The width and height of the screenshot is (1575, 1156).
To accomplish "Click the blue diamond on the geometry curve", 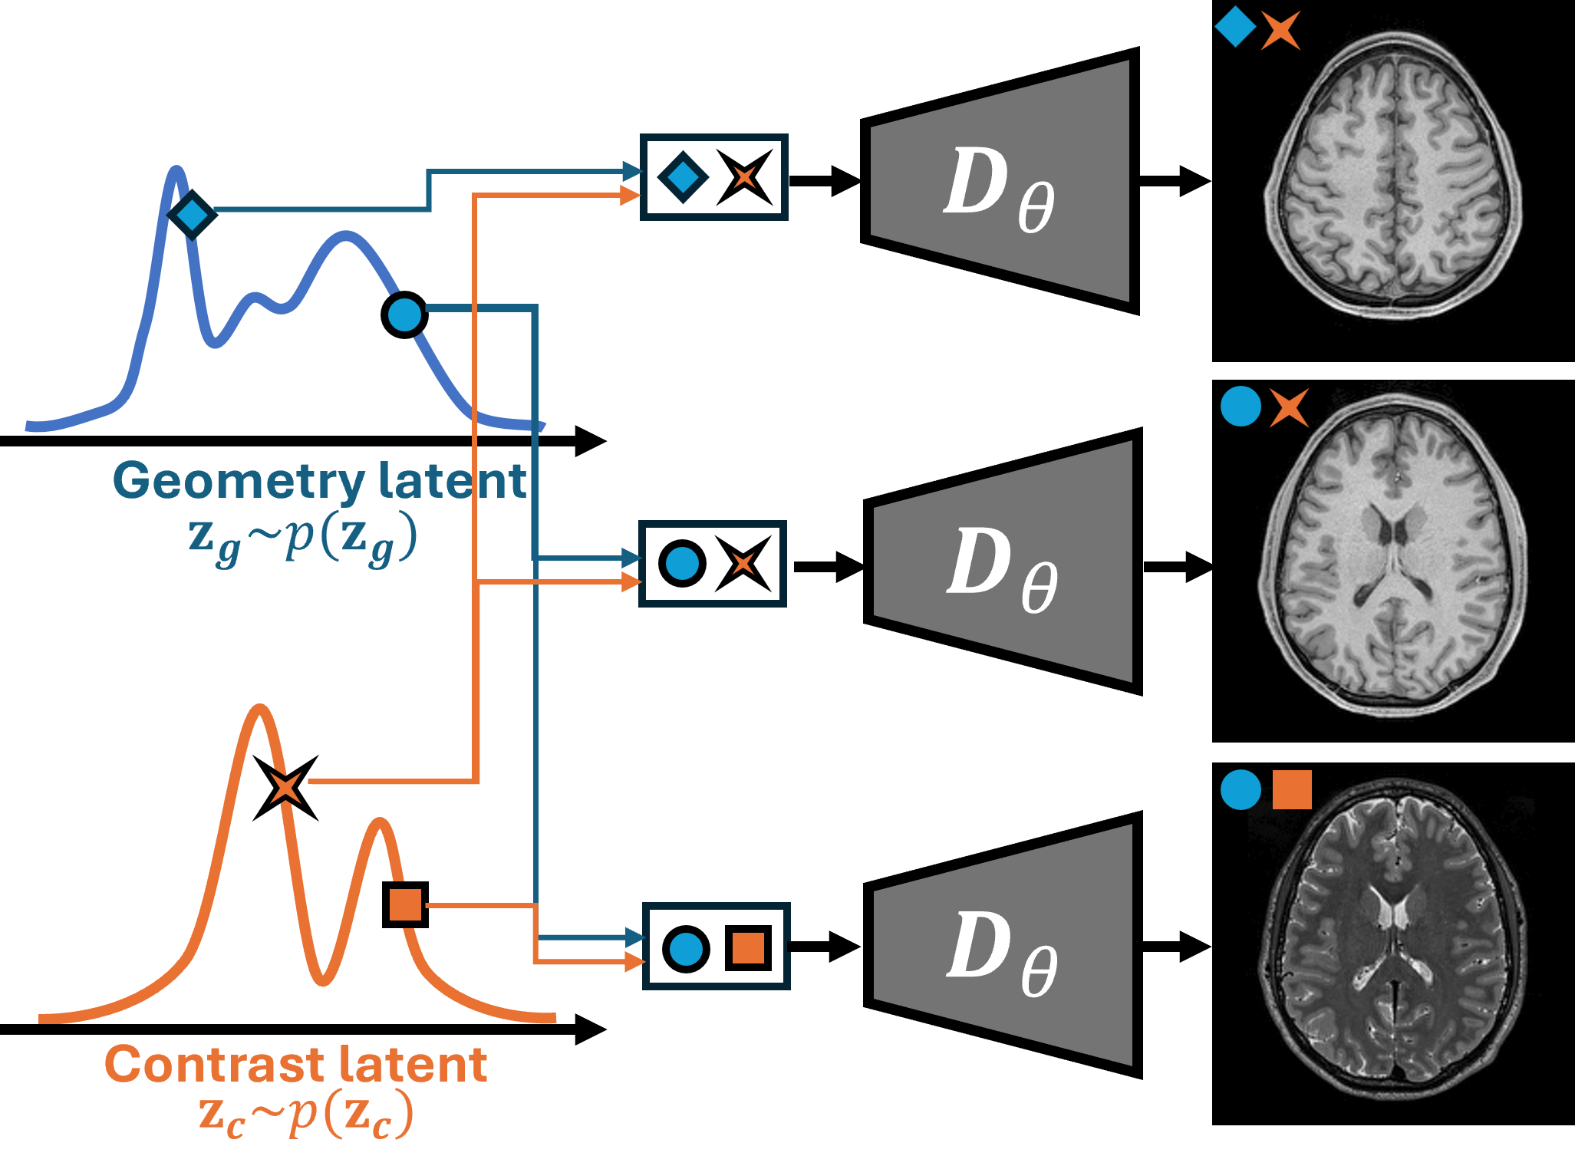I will coord(191,216).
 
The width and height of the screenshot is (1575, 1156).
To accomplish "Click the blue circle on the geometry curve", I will coord(404,315).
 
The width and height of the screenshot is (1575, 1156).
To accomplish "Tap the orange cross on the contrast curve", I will coord(286,787).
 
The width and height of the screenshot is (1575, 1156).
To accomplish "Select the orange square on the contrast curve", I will coord(405,904).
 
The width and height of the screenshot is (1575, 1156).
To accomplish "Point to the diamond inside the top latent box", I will coord(683,178).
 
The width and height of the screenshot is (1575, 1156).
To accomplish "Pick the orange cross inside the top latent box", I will coord(744,178).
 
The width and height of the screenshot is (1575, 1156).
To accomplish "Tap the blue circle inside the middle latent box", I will coord(682,564).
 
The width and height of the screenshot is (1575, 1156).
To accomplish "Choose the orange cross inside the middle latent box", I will coord(743,564).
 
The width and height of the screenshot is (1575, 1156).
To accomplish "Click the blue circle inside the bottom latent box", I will coord(686,949).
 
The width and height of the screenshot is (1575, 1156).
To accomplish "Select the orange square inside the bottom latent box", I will coord(748,948).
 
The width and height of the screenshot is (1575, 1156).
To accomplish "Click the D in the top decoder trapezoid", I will coord(975,182).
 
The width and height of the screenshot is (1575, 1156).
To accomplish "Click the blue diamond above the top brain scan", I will coord(1235,27).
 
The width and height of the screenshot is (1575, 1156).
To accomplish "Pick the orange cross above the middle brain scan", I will coord(1289,407).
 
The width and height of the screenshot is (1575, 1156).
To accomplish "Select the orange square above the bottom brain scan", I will coord(1292,790).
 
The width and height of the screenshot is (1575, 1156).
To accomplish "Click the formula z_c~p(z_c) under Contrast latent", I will coord(305,1115).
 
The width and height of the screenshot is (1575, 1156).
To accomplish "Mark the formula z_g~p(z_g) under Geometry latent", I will coord(303,537).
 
